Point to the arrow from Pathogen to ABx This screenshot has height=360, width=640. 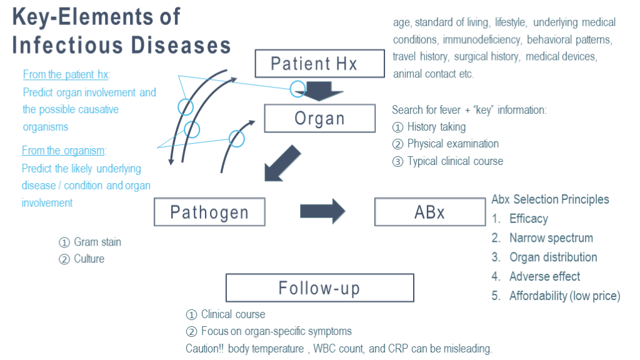coord(322,211)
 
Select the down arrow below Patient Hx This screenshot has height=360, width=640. coord(319,91)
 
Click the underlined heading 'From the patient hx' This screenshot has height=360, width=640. coord(66,74)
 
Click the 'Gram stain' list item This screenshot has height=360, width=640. coord(90,242)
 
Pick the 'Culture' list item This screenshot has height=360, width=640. coord(81,259)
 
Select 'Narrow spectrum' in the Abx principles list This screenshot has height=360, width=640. coord(551,237)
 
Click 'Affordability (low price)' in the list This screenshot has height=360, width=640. coord(564,296)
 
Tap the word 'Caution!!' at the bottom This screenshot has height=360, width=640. coord(204,348)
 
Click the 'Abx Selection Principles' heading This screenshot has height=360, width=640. coord(550,199)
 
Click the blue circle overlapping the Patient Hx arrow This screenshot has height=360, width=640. coord(297,89)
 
